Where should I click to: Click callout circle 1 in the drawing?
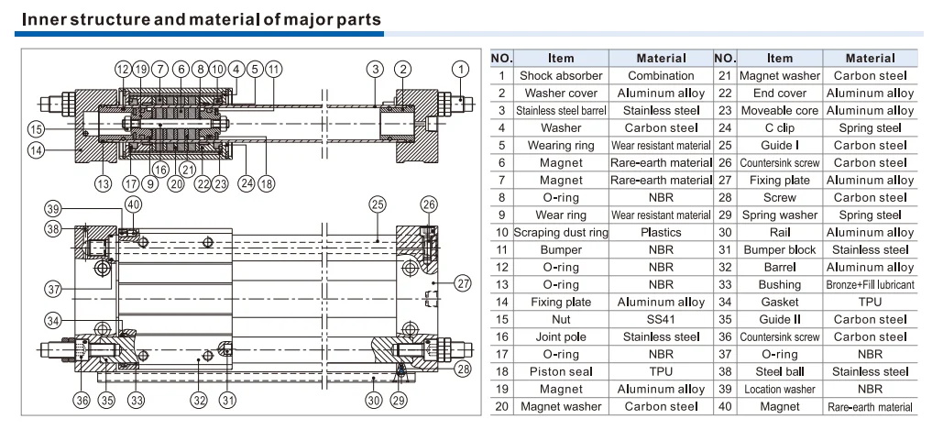[x=461, y=69]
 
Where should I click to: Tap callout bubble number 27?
[x=463, y=282]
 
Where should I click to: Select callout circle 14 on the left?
[x=36, y=149]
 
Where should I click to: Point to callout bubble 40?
[x=134, y=204]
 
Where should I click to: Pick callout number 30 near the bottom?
[x=374, y=400]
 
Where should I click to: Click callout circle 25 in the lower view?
[x=377, y=204]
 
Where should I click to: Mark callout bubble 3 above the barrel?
[x=376, y=69]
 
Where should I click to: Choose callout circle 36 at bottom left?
[x=82, y=400]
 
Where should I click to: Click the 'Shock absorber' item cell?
[x=561, y=76]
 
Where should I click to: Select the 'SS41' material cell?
[x=661, y=319]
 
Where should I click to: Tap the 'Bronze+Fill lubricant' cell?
[x=871, y=284]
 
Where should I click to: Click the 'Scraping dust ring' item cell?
[x=561, y=232]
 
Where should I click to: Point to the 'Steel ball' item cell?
[x=780, y=372]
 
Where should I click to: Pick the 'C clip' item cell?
[x=780, y=128]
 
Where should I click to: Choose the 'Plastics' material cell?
[x=661, y=232]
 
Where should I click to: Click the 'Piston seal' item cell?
[x=561, y=372]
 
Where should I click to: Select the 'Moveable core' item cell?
[x=780, y=111]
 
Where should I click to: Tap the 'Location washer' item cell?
[x=780, y=390]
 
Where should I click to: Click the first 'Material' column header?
[x=661, y=59]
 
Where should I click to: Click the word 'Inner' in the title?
[x=45, y=19]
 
